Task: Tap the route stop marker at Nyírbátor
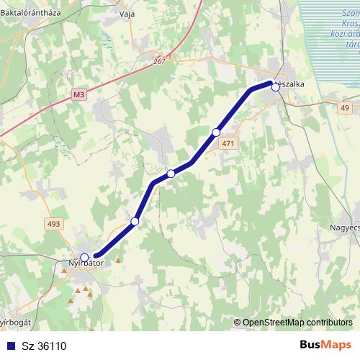pyautogui.click(x=84, y=257)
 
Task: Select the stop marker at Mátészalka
pyautogui.click(x=275, y=86)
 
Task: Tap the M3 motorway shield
pyautogui.click(x=78, y=94)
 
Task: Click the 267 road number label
pyautogui.click(x=159, y=63)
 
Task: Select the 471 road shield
pyautogui.click(x=228, y=144)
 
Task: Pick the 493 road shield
pyautogui.click(x=54, y=225)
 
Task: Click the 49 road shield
pyautogui.click(x=345, y=108)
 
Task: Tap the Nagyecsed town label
pyautogui.click(x=343, y=226)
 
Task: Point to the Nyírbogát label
pyautogui.click(x=13, y=323)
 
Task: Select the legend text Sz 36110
pyautogui.click(x=45, y=346)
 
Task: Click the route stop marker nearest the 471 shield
pyautogui.click(x=216, y=132)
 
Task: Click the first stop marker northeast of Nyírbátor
pyautogui.click(x=135, y=220)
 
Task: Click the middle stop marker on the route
pyautogui.click(x=171, y=174)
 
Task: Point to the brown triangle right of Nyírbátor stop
pyautogui.click(x=118, y=259)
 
